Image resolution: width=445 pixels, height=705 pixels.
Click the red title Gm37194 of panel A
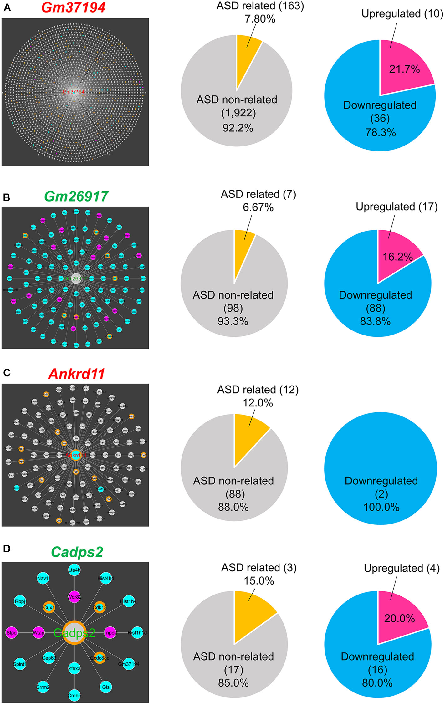(73, 8)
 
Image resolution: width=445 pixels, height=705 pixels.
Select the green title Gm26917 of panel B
(76, 197)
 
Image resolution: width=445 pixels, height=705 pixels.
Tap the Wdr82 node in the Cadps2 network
(74, 597)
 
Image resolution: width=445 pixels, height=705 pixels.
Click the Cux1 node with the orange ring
(49, 607)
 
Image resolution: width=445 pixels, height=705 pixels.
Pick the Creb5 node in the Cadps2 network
(74, 695)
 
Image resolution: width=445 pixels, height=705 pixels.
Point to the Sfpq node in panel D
(12, 633)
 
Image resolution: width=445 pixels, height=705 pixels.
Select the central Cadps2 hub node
(74, 633)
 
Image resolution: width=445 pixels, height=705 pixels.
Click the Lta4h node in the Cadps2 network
(74, 570)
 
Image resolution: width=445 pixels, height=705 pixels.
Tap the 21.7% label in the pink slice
(404, 69)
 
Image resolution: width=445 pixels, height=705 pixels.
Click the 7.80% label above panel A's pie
(260, 19)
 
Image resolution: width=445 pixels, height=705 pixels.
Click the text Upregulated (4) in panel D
(402, 568)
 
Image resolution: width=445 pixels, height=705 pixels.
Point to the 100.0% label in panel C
(381, 507)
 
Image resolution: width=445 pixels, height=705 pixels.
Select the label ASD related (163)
(260, 6)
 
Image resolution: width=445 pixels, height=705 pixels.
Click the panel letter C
(7, 373)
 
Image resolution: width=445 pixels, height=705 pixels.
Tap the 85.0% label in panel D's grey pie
(233, 683)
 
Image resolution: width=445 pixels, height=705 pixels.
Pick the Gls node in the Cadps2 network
(106, 687)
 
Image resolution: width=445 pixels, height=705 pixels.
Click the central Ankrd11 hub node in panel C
(75, 455)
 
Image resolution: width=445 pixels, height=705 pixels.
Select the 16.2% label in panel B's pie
(398, 257)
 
